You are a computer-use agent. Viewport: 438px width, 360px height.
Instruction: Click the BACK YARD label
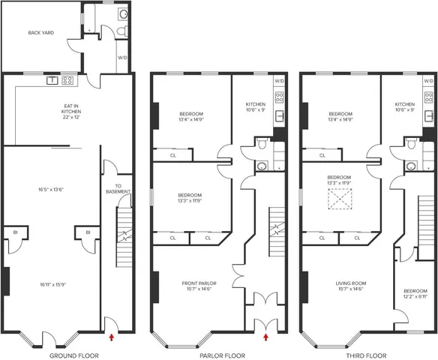point(39,32)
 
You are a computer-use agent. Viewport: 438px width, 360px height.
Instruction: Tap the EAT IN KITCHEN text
point(71,111)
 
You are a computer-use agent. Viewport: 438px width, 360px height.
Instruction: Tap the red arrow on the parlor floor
point(265,338)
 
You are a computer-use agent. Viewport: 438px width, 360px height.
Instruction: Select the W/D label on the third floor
point(428,80)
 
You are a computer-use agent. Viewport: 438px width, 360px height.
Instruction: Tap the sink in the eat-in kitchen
point(52,79)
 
